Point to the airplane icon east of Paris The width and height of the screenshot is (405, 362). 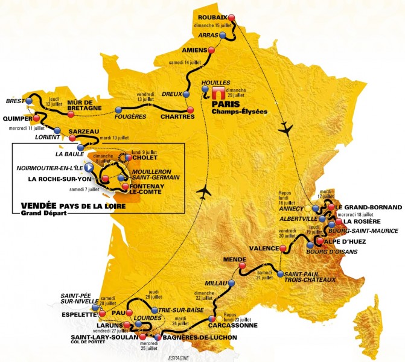(x=287, y=130)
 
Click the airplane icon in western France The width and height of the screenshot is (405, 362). (x=206, y=191)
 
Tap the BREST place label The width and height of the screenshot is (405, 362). (x=14, y=101)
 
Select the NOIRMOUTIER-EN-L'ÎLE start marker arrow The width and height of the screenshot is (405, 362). (x=89, y=167)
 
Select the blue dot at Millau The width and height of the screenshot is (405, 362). (x=231, y=282)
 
